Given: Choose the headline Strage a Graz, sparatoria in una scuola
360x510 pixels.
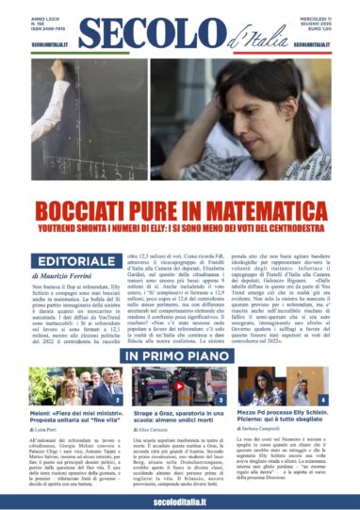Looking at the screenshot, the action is pyautogui.click(x=179, y=416).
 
